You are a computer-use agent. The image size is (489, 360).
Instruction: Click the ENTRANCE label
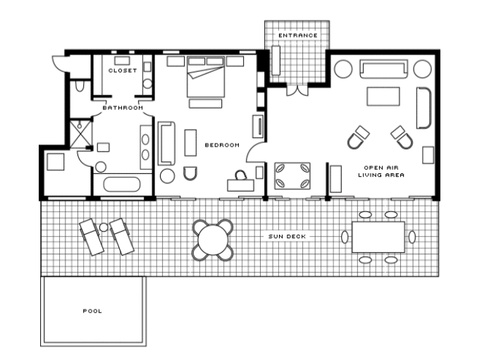(298, 35)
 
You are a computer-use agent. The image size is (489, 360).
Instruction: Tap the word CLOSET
(123, 70)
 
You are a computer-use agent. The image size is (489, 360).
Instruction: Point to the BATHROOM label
(123, 108)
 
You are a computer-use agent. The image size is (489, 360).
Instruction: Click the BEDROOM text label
(222, 145)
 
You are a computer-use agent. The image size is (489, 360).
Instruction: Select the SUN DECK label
(287, 236)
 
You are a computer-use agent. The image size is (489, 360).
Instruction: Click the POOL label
(92, 311)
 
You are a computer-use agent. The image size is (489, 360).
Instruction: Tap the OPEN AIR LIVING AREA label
(381, 171)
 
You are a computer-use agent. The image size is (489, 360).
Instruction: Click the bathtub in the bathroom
(122, 184)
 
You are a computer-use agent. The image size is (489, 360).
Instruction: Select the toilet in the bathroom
(80, 86)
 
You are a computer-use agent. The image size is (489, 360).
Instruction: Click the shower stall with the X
(81, 134)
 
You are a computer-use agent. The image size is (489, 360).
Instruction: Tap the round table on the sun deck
(213, 240)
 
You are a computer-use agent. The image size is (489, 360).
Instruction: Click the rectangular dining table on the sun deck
(378, 237)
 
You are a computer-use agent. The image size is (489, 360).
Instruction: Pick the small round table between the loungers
(104, 228)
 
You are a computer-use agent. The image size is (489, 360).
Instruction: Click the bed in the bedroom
(206, 77)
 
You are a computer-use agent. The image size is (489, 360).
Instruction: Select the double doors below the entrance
(297, 89)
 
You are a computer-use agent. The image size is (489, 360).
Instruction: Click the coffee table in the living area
(383, 97)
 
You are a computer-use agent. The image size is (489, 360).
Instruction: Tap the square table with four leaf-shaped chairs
(292, 176)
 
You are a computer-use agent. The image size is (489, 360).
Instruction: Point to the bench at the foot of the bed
(206, 104)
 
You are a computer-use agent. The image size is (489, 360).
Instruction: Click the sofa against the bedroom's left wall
(166, 144)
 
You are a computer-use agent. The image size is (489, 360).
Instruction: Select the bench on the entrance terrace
(276, 61)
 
